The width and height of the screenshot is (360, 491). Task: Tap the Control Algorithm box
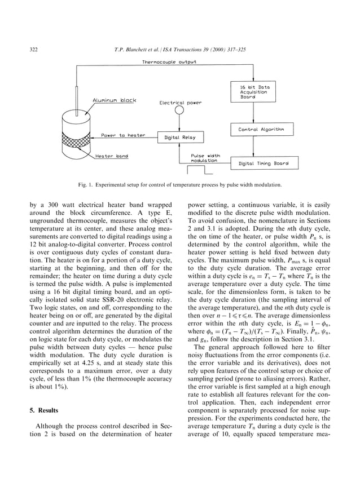point(261,130)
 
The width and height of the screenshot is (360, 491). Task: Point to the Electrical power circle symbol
point(180,110)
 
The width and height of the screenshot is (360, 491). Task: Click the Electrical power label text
point(180,103)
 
